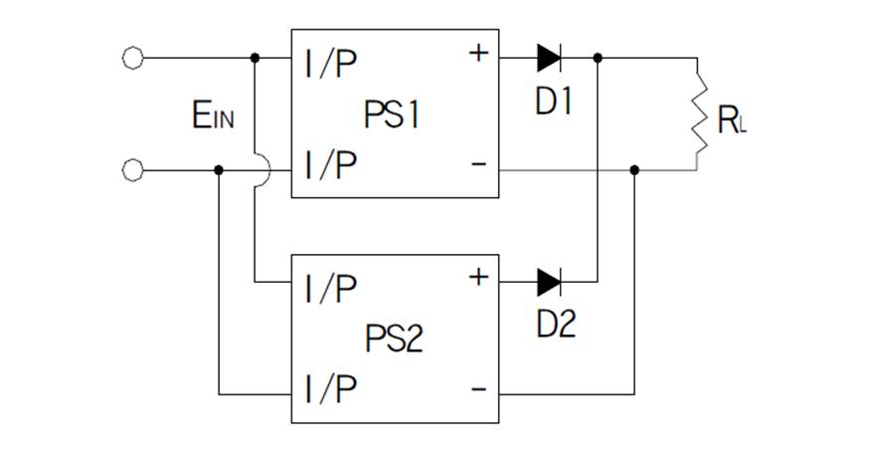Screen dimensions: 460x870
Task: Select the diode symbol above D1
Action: pos(549,58)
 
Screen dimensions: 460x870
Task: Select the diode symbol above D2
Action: pos(549,282)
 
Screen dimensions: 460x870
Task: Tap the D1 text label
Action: pos(554,102)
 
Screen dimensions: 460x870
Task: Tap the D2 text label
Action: pos(555,325)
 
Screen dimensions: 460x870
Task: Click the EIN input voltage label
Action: pos(214,115)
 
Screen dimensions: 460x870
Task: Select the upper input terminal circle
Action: pos(131,58)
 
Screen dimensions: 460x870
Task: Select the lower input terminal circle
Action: pos(131,170)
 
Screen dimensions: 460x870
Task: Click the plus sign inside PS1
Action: pos(478,53)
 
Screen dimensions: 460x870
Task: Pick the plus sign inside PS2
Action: pos(478,277)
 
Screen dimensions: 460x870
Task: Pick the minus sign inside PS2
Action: pos(479,389)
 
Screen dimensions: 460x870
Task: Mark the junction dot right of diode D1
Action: pos(598,58)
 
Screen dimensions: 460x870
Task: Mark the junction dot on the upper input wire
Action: pos(256,58)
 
